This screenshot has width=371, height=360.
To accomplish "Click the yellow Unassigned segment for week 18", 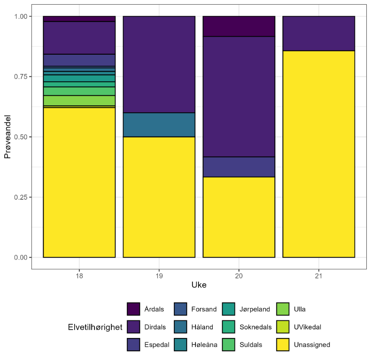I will pos(79,182).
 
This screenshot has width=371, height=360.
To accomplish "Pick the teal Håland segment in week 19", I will pos(159,125).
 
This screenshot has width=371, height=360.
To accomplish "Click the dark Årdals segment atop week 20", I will pos(239,26).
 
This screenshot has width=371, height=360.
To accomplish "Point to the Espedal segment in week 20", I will pos(239,167).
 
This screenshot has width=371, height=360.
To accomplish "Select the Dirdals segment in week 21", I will pos(318,33).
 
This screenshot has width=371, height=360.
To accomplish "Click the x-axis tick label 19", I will pos(159,276).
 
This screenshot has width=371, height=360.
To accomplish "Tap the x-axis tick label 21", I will pos(318,276).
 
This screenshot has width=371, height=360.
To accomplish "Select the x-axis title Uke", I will pos(199,285).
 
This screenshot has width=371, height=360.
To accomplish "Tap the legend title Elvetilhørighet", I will pos(95,327).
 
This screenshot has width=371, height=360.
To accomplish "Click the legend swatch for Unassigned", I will pos(283,345).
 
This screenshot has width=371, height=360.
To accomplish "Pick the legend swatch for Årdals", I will pos(134,309).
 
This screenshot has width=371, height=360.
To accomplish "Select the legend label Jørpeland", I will pos(254,309).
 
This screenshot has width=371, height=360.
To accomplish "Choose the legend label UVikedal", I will pos(307,327).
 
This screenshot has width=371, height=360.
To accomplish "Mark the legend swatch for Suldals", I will pos(229,345).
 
